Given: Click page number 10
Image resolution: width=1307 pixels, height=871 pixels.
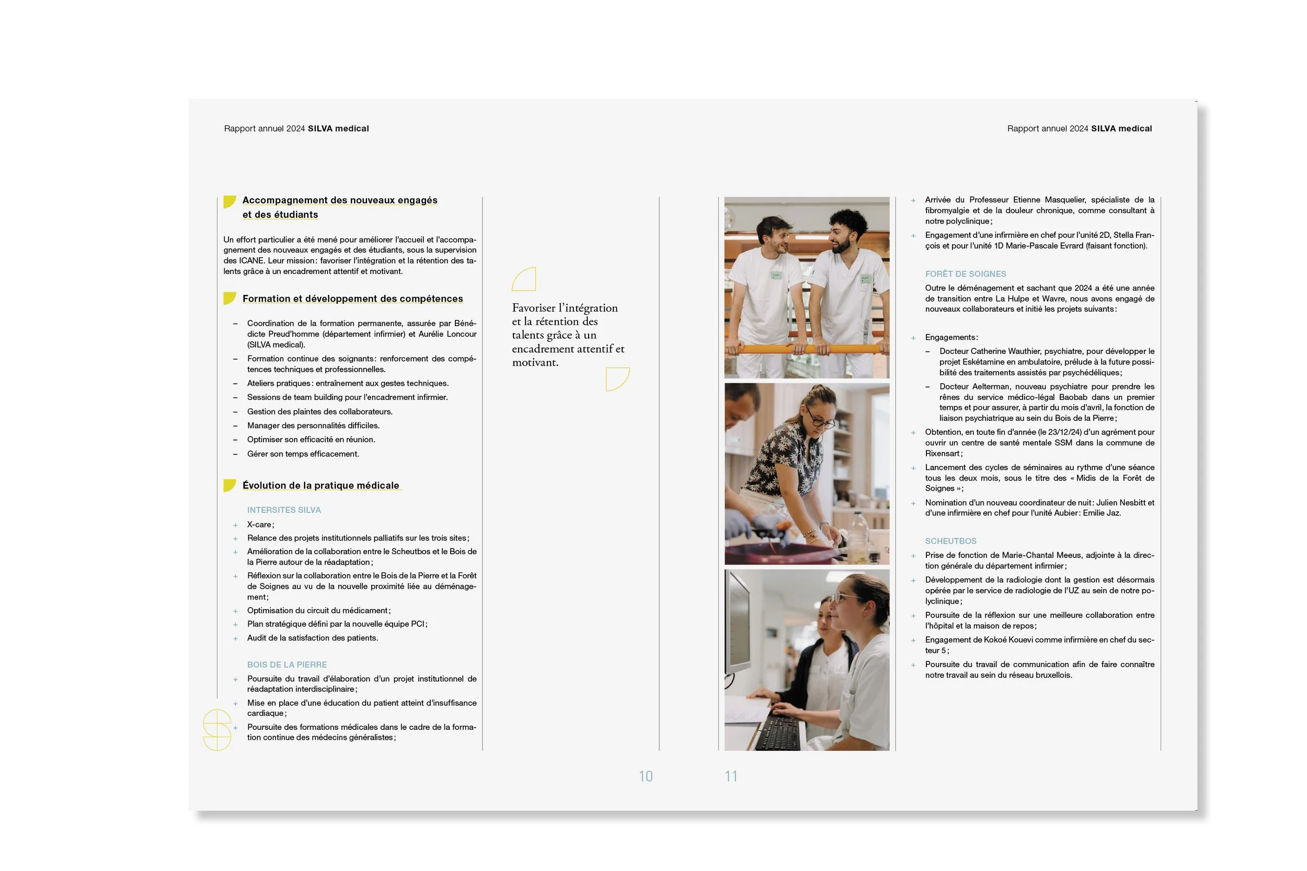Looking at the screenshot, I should pos(646,776).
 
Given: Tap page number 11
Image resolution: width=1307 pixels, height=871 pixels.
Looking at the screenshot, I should pos(731,776).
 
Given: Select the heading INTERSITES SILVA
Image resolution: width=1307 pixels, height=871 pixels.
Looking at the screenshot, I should pos(284,510).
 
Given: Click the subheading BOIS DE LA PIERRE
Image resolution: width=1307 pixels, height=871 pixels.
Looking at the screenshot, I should pos(286,664).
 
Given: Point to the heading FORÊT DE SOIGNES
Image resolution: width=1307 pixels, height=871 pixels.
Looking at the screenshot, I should pos(966,274).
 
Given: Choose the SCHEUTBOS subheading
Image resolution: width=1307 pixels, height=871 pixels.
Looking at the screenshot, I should pos(950,541).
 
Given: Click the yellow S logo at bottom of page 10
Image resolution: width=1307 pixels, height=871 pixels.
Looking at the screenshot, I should pos(216,730).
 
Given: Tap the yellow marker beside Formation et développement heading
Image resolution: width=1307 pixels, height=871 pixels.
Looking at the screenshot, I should pos(229,299).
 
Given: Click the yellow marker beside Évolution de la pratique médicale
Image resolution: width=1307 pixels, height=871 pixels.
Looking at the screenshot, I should pos(229,485).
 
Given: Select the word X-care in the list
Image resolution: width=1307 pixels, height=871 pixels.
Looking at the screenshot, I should pos(259,524).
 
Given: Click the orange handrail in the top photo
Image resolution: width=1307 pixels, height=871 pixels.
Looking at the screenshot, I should pos(806,349).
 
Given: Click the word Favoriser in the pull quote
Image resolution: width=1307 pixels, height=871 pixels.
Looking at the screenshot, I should pos(533,308).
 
